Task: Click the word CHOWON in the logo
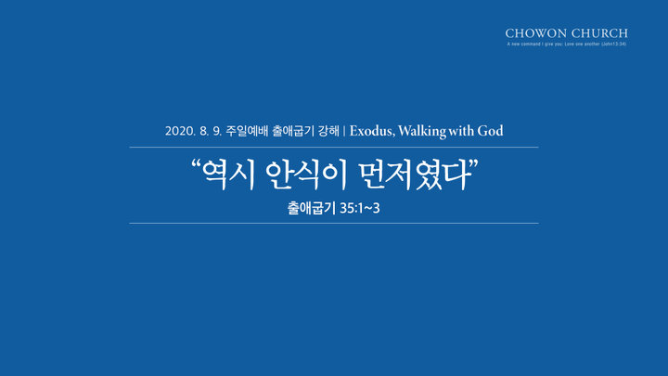(x=536, y=33)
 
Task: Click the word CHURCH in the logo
(x=599, y=33)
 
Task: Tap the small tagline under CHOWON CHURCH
(x=567, y=44)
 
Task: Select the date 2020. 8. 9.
(x=193, y=131)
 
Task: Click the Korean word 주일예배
(x=247, y=131)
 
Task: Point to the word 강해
(x=328, y=131)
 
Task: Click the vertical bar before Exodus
(x=344, y=131)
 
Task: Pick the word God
(x=490, y=131)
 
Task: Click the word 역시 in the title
(x=228, y=175)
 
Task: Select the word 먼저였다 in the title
(x=415, y=175)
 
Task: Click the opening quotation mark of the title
(x=196, y=164)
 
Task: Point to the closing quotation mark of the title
(x=474, y=164)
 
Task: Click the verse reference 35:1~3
(x=360, y=209)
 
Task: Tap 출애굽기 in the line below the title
(x=312, y=208)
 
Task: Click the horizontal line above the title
(x=334, y=147)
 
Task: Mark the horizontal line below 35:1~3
(x=334, y=223)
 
